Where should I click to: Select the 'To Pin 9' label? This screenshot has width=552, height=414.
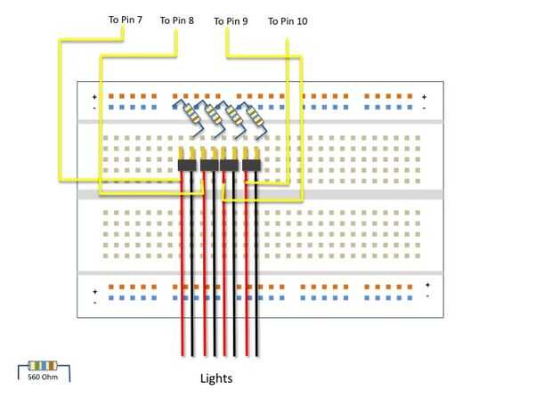point(231,20)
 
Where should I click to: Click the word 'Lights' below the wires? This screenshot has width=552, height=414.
point(215,378)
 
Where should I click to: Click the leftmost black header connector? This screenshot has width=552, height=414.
point(187,165)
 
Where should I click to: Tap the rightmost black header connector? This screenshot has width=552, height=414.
point(250,165)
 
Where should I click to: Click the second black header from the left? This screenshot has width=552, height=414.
point(209,165)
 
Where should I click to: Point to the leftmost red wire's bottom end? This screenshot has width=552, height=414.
point(183,353)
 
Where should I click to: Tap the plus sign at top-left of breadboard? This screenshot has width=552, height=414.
point(94,96)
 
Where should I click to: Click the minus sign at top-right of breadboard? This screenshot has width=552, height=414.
point(425,108)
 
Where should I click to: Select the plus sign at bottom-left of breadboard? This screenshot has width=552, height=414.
point(94,290)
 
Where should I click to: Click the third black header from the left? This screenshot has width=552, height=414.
point(230,165)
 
